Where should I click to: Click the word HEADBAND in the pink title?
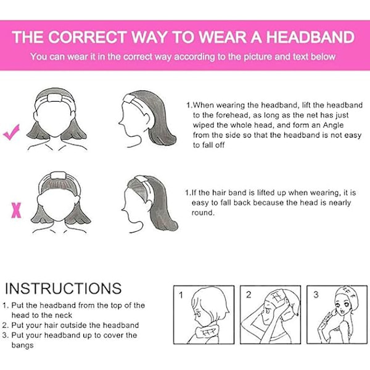(x=310, y=37)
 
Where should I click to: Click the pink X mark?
(x=16, y=210)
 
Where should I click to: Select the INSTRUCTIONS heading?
(x=64, y=288)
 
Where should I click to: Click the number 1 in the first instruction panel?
(x=181, y=295)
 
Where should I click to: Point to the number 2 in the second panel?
(x=249, y=295)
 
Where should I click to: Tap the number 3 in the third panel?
(x=316, y=295)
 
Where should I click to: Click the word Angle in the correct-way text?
(x=333, y=125)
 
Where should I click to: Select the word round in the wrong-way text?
(x=202, y=213)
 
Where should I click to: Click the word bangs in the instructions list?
(x=22, y=345)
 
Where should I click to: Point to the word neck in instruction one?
(x=64, y=315)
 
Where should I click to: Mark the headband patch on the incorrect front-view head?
(x=58, y=176)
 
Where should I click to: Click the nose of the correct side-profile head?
(x=120, y=123)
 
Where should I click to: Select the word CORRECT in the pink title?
(x=88, y=37)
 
